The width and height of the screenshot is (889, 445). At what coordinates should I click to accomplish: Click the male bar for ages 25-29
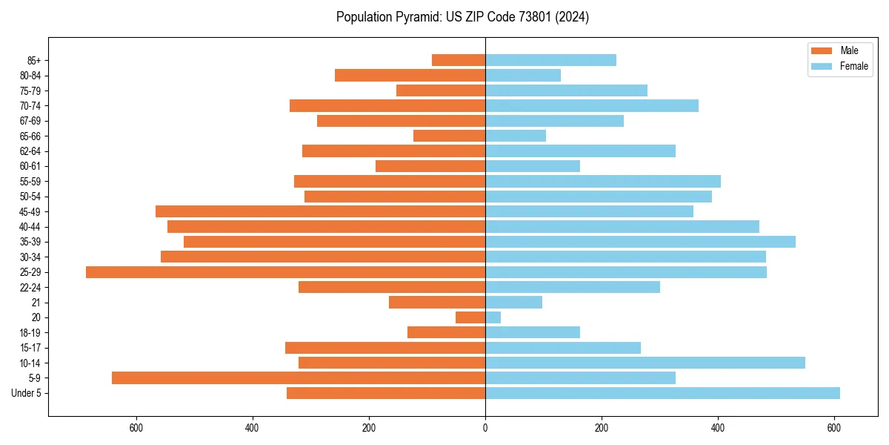(285, 272)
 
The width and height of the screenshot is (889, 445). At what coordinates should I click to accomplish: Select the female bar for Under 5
(662, 393)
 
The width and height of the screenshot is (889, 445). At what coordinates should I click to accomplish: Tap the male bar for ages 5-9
(299, 378)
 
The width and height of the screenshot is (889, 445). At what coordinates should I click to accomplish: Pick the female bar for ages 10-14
(645, 363)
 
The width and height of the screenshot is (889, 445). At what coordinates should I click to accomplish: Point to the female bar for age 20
(493, 317)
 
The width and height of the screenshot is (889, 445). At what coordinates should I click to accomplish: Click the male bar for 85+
(459, 60)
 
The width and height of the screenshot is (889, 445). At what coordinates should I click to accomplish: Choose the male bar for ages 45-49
(320, 211)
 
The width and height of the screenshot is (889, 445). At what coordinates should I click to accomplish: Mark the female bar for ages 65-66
(516, 136)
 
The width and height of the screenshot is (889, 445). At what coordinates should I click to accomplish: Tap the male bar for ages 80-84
(410, 75)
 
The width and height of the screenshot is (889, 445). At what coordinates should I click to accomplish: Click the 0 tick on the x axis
(485, 427)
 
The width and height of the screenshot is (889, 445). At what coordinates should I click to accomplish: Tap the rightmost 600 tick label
(834, 427)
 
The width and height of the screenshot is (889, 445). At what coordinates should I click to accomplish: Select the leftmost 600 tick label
(136, 427)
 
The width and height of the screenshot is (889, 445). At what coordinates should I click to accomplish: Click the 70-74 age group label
(30, 105)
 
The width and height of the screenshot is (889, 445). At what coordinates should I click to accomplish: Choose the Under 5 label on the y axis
(26, 393)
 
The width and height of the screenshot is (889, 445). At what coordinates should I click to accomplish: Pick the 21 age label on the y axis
(36, 303)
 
